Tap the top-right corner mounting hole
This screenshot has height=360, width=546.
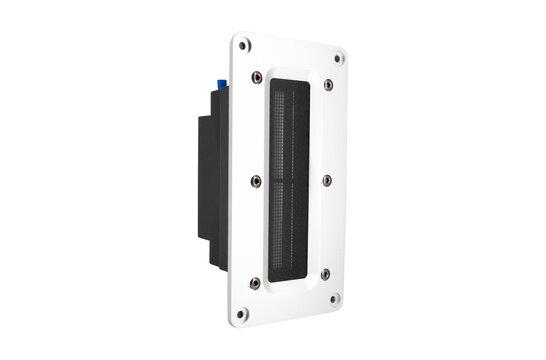coord(338,58)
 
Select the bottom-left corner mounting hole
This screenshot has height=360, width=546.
coord(241,314)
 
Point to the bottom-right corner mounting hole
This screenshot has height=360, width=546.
coord(335,298)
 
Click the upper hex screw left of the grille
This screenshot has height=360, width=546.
coord(257,76)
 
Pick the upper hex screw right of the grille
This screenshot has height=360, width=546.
coord(329,87)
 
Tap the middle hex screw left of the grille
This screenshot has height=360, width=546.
coord(256,180)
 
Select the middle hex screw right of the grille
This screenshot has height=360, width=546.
coord(328,180)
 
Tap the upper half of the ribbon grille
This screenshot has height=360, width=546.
coord(290,130)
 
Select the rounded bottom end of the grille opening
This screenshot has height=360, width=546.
coord(290,284)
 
